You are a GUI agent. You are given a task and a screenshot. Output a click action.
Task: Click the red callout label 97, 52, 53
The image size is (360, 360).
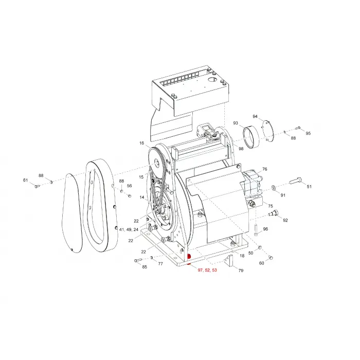click(207, 270)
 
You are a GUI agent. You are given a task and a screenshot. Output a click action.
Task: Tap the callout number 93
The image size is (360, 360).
click(236, 123)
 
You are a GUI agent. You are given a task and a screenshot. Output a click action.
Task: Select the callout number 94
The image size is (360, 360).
click(255, 116)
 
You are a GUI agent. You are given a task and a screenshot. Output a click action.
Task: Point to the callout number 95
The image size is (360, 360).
click(308, 133)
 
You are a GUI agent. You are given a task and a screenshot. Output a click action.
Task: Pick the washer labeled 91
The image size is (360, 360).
click(274, 188)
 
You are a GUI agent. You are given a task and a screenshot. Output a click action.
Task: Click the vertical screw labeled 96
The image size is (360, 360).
click(256, 230)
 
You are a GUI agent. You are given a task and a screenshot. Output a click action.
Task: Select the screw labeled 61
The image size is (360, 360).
click(37, 186)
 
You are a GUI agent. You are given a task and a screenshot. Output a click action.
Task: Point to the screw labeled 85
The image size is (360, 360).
click(138, 260)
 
